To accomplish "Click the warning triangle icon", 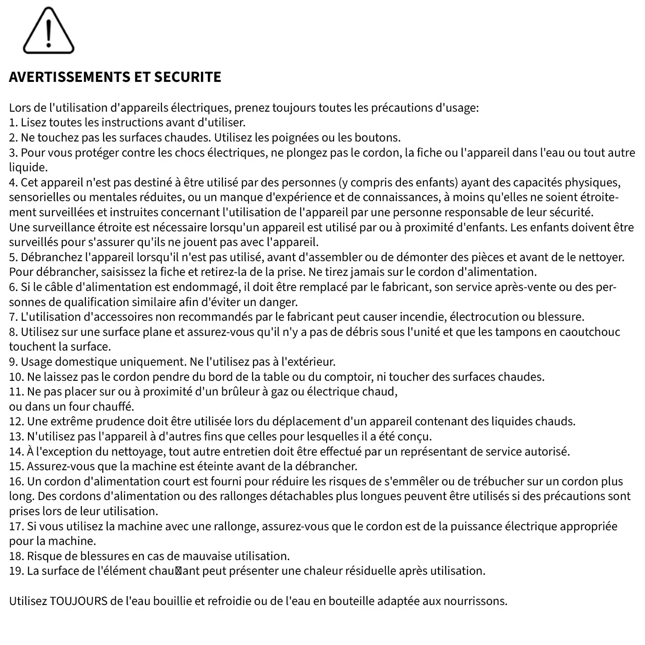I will [x=48, y=31].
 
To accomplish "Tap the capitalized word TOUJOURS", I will [x=79, y=601].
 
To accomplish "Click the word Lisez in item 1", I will [x=33, y=122].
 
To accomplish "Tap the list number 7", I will [x=13, y=317].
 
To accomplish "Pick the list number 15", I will [x=16, y=466].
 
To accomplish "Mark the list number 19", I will [x=16, y=571].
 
